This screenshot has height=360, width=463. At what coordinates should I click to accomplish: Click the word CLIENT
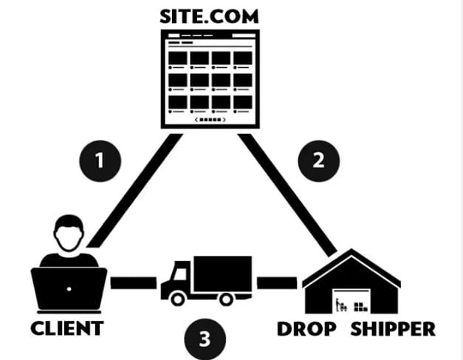[66, 327]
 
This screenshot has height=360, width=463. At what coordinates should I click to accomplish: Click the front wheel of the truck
[178, 298]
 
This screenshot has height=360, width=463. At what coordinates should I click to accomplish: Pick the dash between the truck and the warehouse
[276, 282]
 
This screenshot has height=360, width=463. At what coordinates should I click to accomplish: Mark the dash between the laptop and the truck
[133, 282]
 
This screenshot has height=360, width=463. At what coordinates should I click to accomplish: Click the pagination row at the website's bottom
[210, 119]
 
